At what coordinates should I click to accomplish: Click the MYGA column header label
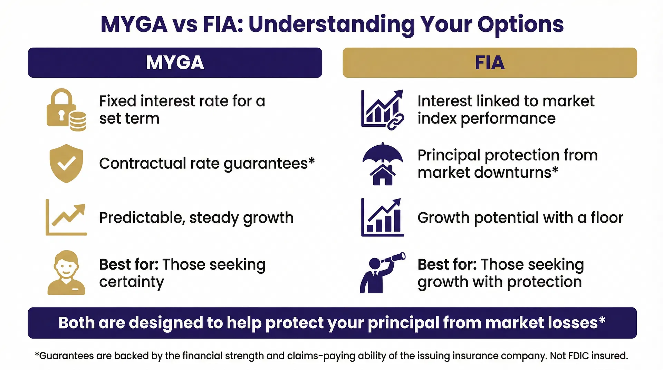click(x=175, y=62)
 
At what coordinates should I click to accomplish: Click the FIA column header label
click(x=489, y=62)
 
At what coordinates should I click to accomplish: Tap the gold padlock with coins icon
click(x=66, y=110)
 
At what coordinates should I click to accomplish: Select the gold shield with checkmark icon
click(x=66, y=163)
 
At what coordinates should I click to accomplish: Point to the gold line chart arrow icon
click(x=66, y=217)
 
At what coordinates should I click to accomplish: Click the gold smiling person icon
click(x=66, y=273)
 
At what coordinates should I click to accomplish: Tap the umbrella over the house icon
click(x=382, y=164)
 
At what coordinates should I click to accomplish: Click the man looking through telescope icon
click(x=382, y=273)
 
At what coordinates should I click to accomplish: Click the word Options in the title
click(x=520, y=25)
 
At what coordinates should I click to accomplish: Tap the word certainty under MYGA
click(x=131, y=282)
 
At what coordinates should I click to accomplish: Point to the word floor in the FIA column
click(x=607, y=218)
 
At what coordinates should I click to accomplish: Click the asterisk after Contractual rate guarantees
click(x=311, y=161)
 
